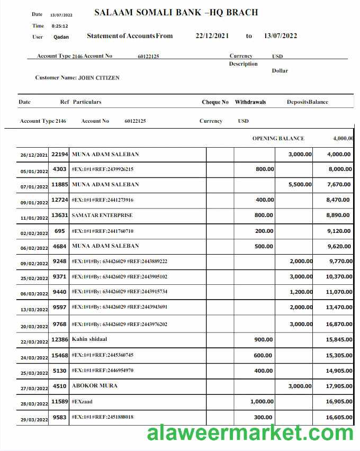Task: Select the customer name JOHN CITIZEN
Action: tap(98, 78)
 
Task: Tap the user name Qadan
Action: tap(61, 37)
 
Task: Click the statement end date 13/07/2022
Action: tap(280, 36)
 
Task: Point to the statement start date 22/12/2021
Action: tap(212, 36)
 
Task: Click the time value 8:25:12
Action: tap(59, 26)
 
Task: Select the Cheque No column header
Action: tap(215, 102)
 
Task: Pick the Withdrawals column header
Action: tap(250, 102)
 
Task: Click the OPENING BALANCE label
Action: tap(278, 139)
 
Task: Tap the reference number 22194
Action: tap(59, 155)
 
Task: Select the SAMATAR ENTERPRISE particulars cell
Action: tap(102, 215)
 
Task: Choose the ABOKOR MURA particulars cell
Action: tap(94, 385)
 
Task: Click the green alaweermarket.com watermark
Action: tap(250, 433)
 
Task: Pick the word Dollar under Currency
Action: tap(280, 71)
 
